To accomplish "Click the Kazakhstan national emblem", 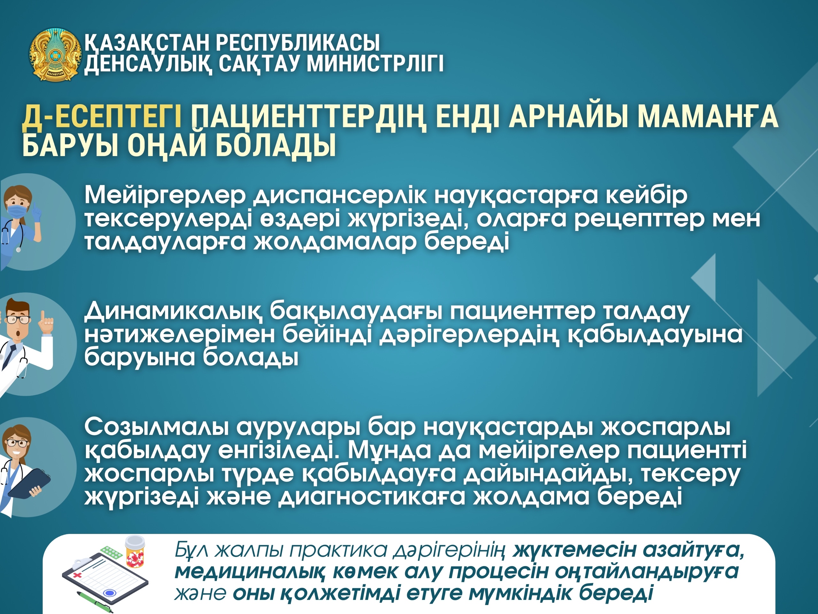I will (55, 55).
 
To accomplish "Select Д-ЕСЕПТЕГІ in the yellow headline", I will (102, 117).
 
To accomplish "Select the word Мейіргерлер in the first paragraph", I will (165, 195).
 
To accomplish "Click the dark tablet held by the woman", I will (30, 483).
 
